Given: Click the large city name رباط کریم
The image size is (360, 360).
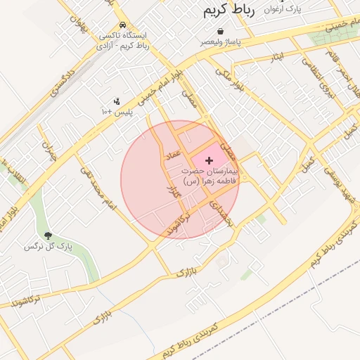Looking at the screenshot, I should click(x=229, y=9).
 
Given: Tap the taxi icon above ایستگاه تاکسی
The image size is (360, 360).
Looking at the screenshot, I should click(x=123, y=23).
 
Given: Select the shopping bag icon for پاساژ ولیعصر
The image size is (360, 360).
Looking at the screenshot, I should click(x=221, y=32).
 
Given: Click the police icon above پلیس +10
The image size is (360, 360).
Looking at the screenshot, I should click(x=117, y=101).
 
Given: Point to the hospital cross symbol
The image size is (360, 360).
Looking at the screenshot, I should click(x=209, y=161).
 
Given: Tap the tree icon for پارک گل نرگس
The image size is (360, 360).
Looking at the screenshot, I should click(x=49, y=236).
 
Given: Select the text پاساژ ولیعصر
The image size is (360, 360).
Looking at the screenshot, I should click(x=222, y=42).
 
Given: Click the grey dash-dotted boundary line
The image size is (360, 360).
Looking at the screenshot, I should click(x=295, y=296).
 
